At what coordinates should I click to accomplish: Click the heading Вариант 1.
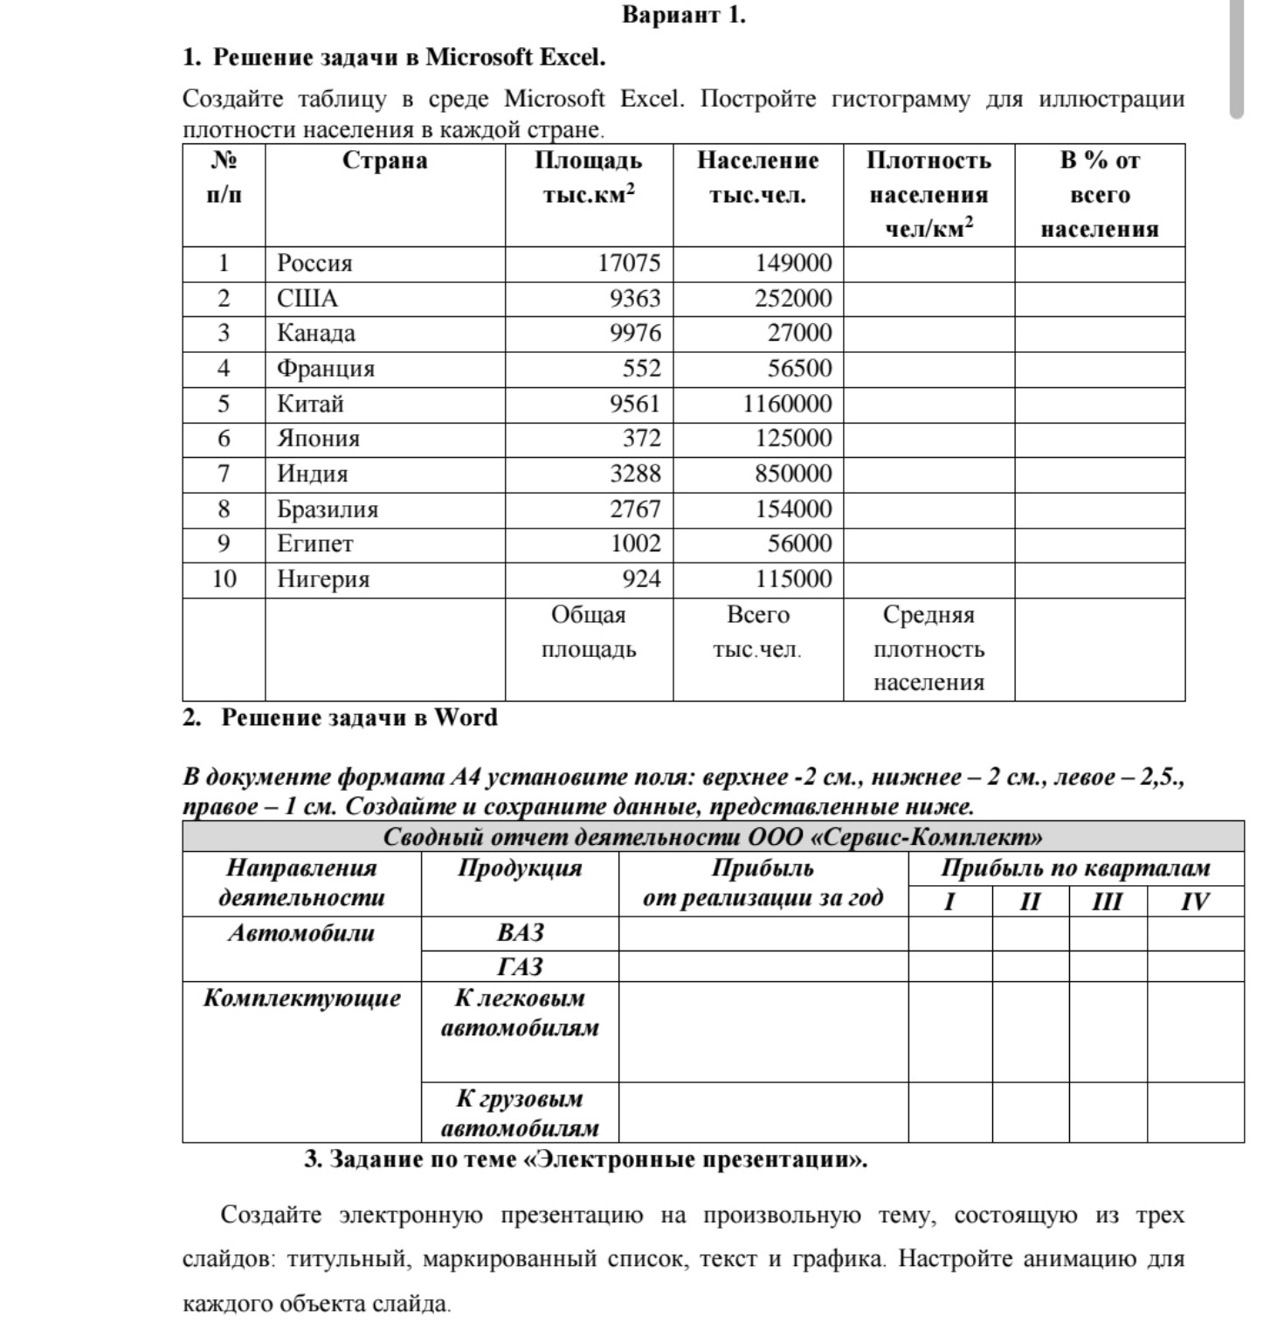(x=683, y=15)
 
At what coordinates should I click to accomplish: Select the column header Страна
(x=384, y=161)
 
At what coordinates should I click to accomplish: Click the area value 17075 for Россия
(x=629, y=263)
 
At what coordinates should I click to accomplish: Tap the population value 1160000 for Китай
(x=787, y=404)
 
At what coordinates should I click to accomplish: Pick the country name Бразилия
(x=328, y=509)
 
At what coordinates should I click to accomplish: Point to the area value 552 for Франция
(x=641, y=369)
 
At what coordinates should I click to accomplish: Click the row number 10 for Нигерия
(x=224, y=579)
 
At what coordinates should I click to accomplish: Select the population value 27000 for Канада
(x=799, y=333)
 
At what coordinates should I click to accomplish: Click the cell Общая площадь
(x=589, y=632)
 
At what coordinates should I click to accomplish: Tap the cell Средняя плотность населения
(x=928, y=648)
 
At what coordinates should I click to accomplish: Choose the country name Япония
(x=318, y=439)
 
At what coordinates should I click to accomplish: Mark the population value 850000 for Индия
(x=793, y=474)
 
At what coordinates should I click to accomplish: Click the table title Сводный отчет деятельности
(x=713, y=837)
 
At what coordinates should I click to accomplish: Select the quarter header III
(x=1107, y=902)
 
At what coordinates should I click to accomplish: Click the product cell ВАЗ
(x=520, y=933)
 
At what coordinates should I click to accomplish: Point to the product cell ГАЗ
(x=520, y=966)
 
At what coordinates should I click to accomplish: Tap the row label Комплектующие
(x=301, y=999)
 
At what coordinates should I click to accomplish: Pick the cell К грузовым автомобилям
(x=520, y=1113)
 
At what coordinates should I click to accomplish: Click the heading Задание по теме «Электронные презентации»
(x=585, y=1159)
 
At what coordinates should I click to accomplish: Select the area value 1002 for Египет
(x=635, y=544)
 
